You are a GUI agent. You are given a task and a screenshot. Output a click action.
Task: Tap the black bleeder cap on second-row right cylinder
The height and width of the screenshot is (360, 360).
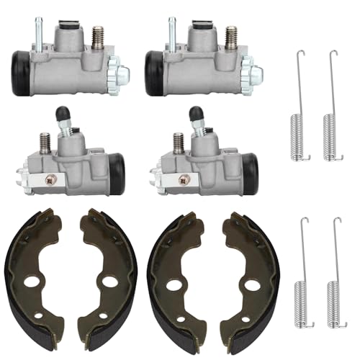[x=195, y=113]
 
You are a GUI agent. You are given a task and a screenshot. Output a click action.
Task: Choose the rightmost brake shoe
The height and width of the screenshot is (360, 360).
[x=248, y=277]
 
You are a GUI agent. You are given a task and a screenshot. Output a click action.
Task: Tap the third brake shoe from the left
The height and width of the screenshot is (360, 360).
[x=176, y=277]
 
